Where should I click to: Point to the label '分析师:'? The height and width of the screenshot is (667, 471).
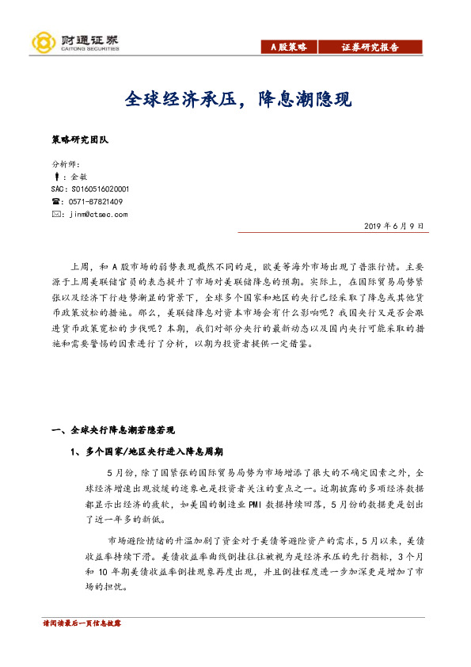62,166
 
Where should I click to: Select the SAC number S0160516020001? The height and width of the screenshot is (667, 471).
89,190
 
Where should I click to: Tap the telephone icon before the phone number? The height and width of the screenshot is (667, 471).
55,202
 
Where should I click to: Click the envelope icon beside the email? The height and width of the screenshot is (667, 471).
55,214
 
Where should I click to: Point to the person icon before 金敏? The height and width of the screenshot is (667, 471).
55,177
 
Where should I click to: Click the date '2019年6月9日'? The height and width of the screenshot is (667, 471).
394,226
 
